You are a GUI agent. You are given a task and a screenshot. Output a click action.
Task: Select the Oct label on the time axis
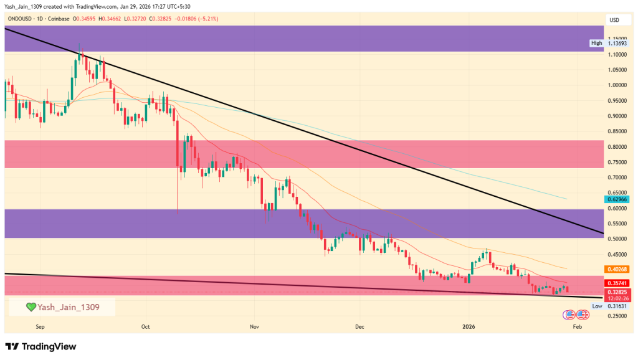click(x=146, y=326)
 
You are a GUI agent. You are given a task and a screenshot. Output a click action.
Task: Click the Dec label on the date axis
click(x=359, y=326)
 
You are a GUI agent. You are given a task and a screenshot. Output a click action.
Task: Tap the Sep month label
click(x=40, y=326)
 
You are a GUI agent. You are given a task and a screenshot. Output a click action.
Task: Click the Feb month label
click(x=577, y=326)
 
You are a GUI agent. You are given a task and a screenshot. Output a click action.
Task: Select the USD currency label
click(x=614, y=21)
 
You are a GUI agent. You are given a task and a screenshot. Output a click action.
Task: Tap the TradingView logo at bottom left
click(x=40, y=346)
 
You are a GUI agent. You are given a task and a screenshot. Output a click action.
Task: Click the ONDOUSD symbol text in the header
click(x=21, y=20)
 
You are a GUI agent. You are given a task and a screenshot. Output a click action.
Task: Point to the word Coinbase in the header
click(x=59, y=20)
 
